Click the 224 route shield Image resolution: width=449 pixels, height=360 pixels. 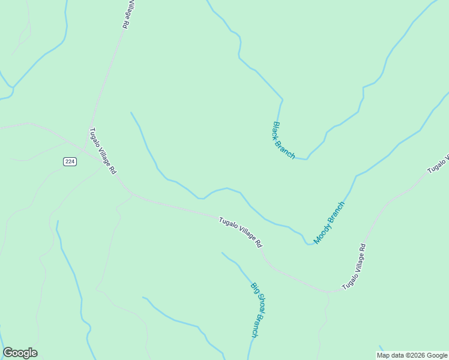pyautogui.click(x=70, y=161)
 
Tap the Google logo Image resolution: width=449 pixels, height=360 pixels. pyautogui.click(x=20, y=353)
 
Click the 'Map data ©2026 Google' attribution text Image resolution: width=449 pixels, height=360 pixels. pyautogui.click(x=412, y=355)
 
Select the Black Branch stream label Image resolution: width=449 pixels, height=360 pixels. pyautogui.click(x=284, y=140)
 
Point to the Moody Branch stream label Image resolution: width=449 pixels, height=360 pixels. pyautogui.click(x=330, y=223)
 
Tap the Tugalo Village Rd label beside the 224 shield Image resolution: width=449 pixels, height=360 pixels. pyautogui.click(x=102, y=151)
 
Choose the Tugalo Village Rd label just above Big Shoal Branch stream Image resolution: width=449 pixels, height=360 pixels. pyautogui.click(x=241, y=233)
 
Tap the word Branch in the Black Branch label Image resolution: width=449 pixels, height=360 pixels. pyautogui.click(x=288, y=148)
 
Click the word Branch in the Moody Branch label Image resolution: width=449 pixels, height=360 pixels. pyautogui.click(x=336, y=214)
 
